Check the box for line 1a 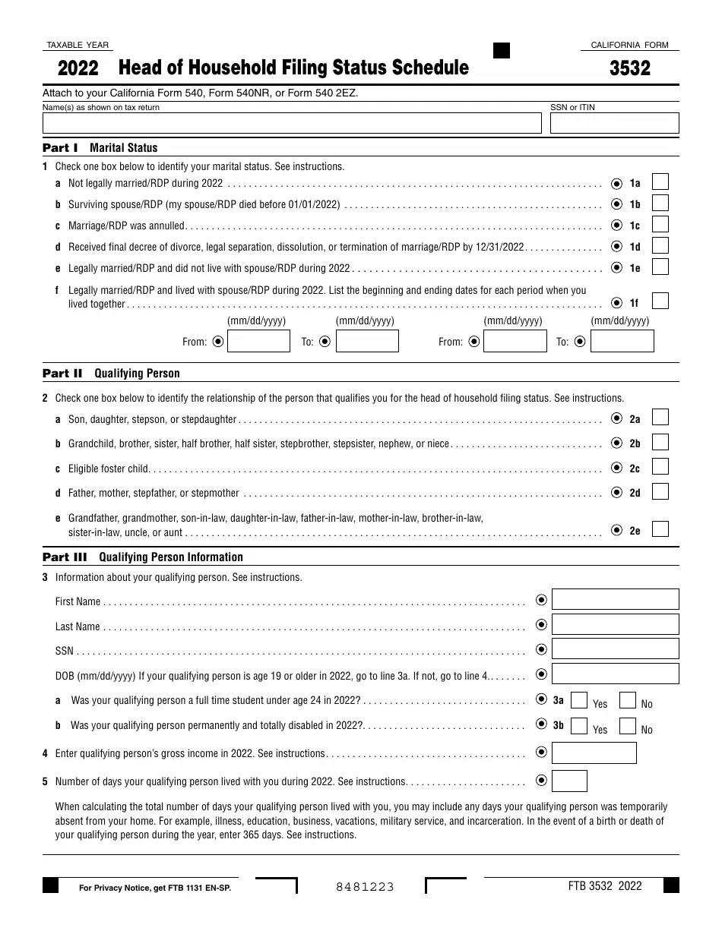[660, 182]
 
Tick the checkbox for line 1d [660, 246]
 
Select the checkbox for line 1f [660, 301]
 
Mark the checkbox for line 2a [660, 418]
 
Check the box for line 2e [660, 529]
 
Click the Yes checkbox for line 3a [578, 700]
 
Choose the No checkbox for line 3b [627, 726]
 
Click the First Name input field [615, 600]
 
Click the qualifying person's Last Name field [615, 625]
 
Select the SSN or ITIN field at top [614, 123]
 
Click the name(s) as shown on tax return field [292, 123]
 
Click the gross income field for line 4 [594, 753]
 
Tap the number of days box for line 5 [569, 781]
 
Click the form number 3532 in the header [630, 68]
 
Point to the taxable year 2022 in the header [78, 68]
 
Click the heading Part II [62, 374]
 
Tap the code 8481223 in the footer [366, 886]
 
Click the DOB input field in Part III [615, 674]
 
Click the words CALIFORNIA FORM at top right [629, 46]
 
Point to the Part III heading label [65, 557]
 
